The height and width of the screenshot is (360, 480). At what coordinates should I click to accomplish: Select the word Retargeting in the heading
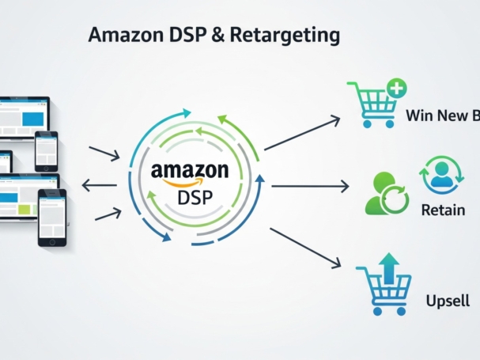click(285, 36)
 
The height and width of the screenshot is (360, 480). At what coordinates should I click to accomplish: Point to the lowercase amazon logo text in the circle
click(190, 170)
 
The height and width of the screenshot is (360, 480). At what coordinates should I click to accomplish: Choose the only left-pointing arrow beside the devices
click(99, 187)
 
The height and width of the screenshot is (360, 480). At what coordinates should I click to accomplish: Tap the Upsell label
click(448, 301)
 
